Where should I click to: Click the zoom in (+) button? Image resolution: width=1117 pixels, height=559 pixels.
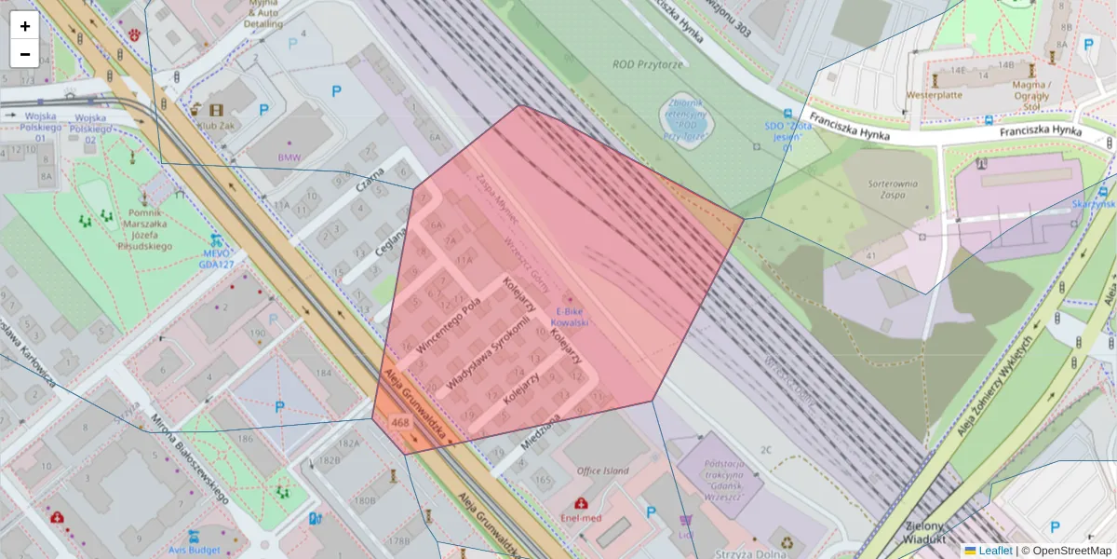coord(25,26)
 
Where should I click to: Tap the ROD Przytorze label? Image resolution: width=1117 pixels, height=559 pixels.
coord(648,64)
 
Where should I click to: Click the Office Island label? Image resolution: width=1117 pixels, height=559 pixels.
coord(603,471)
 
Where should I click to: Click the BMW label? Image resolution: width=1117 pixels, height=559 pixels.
coord(289,157)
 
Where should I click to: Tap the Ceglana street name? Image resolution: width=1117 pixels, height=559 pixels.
coord(392,248)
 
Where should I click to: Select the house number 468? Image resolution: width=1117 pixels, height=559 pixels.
coord(400,423)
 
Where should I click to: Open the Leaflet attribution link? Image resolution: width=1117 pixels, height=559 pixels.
coord(995,551)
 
